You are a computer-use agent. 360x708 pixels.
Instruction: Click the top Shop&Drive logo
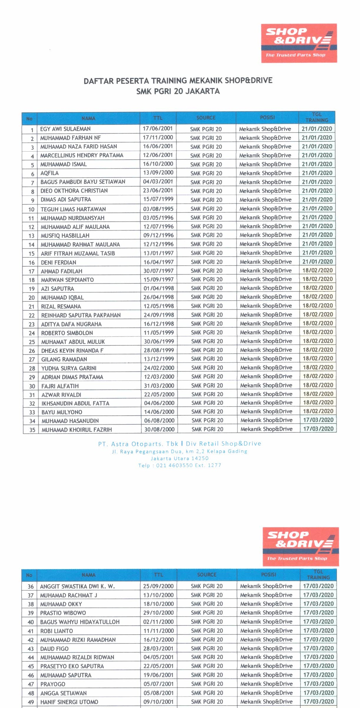(299, 43)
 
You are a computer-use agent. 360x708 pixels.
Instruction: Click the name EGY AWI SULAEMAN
(65, 129)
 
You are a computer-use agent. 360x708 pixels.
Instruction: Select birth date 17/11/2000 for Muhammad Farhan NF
(158, 137)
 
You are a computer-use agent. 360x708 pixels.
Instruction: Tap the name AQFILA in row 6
(50, 173)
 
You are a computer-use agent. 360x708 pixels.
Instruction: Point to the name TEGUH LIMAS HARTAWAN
(73, 209)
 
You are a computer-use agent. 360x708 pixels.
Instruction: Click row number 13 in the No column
(31, 236)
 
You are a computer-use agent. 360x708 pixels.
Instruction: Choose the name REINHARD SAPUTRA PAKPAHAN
(81, 315)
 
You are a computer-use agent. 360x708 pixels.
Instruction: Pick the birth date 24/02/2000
(159, 368)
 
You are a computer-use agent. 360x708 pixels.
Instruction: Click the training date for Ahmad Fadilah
(317, 270)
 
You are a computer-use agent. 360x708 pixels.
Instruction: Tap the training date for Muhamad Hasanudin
(318, 420)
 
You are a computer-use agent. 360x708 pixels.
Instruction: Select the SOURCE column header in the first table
(206, 118)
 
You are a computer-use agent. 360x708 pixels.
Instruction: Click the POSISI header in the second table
(268, 574)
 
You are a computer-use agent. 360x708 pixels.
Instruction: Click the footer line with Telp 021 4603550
(180, 465)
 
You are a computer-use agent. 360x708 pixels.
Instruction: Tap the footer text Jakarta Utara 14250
(180, 458)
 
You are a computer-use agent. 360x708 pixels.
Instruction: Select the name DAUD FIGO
(54, 649)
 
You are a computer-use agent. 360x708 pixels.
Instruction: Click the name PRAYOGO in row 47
(53, 684)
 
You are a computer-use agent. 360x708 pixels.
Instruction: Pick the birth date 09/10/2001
(158, 702)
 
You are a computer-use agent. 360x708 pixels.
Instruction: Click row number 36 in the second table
(31, 587)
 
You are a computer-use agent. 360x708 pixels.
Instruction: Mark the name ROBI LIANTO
(56, 631)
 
